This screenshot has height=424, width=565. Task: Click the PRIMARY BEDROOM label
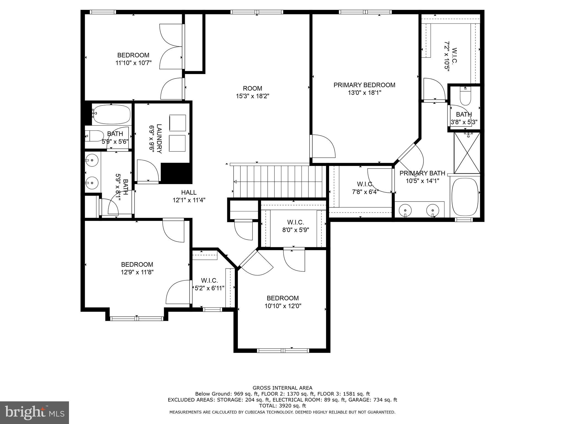click(364, 85)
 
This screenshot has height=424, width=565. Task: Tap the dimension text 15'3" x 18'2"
click(252, 96)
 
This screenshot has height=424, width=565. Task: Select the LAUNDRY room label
click(159, 139)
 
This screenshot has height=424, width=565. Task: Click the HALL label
click(189, 192)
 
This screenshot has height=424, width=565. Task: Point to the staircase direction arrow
click(235, 182)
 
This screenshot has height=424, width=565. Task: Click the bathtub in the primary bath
click(465, 197)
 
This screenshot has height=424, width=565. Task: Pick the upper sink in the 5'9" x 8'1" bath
click(92, 160)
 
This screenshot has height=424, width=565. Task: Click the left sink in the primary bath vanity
click(405, 210)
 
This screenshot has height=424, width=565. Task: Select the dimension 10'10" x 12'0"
click(283, 306)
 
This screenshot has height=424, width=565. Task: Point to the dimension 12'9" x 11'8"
click(137, 272)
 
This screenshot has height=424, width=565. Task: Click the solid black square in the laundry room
click(176, 173)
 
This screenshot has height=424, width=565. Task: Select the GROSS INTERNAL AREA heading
click(282, 388)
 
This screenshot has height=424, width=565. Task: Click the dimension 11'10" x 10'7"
click(133, 63)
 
